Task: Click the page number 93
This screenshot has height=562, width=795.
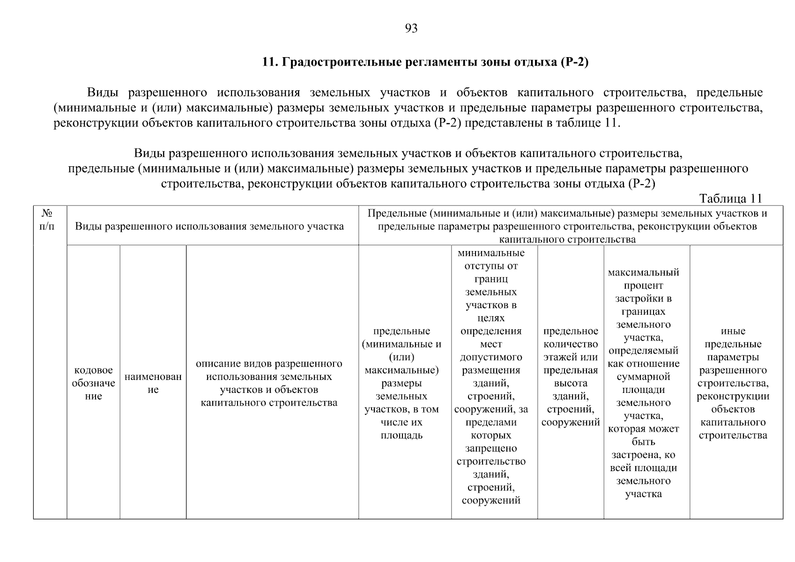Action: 411,29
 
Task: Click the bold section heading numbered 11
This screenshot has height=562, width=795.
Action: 424,62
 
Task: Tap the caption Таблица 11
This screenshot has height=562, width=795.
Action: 731,199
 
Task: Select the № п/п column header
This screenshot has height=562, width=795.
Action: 47,220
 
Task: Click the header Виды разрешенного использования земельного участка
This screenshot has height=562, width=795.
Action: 209,227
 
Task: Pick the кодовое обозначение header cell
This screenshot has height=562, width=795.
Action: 93,383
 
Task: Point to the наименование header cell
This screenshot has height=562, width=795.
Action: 153,383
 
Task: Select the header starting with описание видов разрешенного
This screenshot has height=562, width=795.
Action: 269,383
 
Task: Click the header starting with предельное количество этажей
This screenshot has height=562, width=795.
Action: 570,377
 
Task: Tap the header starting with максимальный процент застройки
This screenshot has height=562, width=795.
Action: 643,383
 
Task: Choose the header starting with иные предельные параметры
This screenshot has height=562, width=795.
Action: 733,383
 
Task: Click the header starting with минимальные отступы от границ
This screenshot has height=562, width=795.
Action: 490,377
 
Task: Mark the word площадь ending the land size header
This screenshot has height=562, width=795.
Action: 401,436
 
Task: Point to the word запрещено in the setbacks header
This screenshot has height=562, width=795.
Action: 491,449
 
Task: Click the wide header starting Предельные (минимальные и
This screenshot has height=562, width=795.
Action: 567,227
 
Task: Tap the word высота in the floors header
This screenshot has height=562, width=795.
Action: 571,383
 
